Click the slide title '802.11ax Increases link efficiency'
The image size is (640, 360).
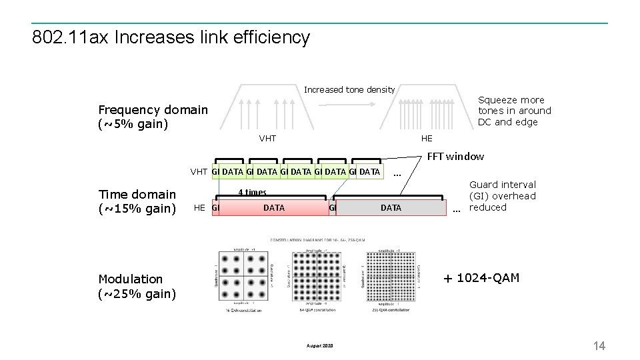coord(171,37)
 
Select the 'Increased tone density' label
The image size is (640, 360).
coord(349,89)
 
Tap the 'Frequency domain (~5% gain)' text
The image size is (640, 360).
coord(153,117)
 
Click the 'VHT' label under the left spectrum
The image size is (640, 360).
coord(267,138)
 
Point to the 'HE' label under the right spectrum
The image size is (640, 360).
coord(427,138)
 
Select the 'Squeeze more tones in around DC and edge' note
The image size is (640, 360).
coord(514,111)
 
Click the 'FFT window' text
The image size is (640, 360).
coord(455,156)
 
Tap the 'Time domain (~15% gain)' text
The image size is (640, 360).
coord(137,201)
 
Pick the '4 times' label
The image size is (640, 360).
coord(252,192)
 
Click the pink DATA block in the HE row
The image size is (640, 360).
coord(273,208)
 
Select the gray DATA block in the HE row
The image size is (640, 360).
coord(391,208)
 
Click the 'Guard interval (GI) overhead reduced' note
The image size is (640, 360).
coord(502,196)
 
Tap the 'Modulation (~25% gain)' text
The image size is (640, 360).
coord(137,286)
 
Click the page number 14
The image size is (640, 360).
coord(599,345)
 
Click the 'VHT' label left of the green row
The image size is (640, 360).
coord(199,172)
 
